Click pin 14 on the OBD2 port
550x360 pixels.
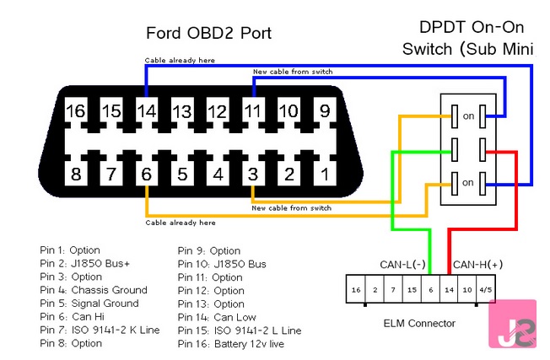147,110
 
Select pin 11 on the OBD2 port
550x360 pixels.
252,110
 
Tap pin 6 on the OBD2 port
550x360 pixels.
147,175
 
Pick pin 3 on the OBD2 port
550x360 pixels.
252,175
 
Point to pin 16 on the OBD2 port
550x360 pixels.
76,110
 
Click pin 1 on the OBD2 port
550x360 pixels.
324,175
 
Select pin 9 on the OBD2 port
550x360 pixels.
323,110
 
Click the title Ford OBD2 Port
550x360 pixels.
209,34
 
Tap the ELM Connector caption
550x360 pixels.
419,323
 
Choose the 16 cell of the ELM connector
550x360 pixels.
357,289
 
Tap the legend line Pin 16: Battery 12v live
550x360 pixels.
240,343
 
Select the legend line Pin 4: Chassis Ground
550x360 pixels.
94,290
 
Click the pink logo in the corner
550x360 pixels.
514,324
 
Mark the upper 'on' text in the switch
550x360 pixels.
468,116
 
